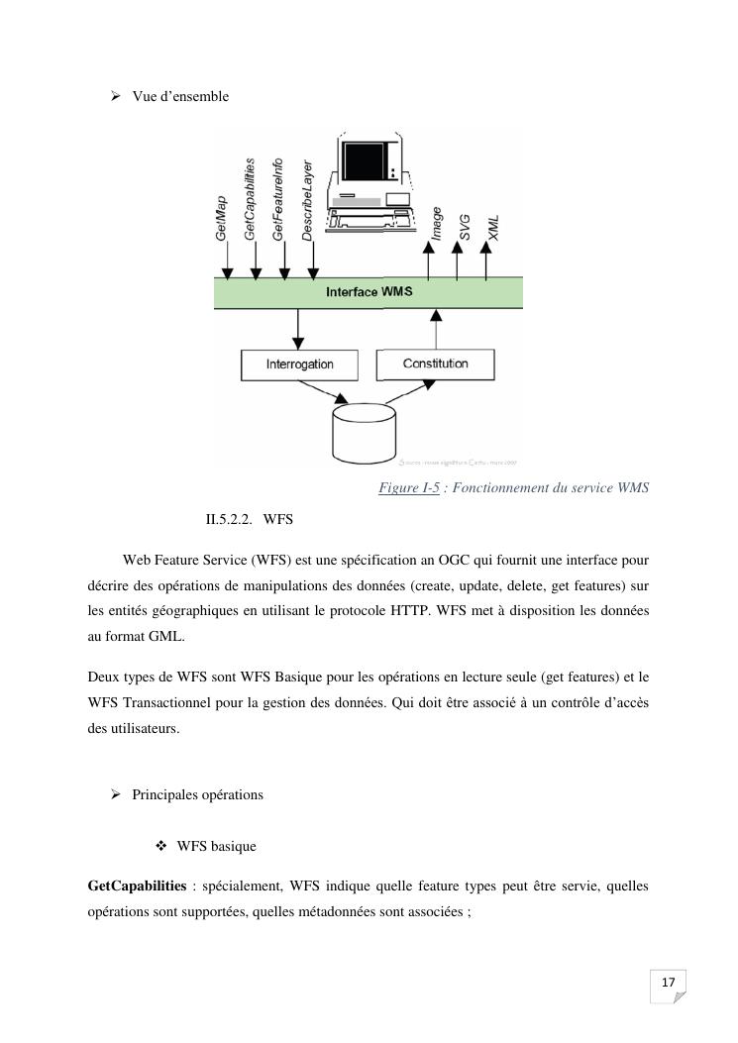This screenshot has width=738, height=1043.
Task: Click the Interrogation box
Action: tap(299, 365)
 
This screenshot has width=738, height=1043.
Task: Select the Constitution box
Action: tap(435, 364)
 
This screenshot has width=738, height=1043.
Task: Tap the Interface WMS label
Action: tap(369, 292)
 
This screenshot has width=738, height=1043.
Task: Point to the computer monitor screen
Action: tap(367, 157)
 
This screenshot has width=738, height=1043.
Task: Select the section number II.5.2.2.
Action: tap(229, 519)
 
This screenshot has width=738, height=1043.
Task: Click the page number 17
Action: tap(668, 982)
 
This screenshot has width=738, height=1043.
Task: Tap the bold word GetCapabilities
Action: tap(137, 885)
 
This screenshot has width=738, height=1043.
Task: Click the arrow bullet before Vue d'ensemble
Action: tap(115, 96)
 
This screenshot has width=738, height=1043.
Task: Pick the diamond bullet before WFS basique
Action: tap(160, 846)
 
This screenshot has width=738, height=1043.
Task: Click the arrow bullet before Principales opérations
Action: tap(115, 794)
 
